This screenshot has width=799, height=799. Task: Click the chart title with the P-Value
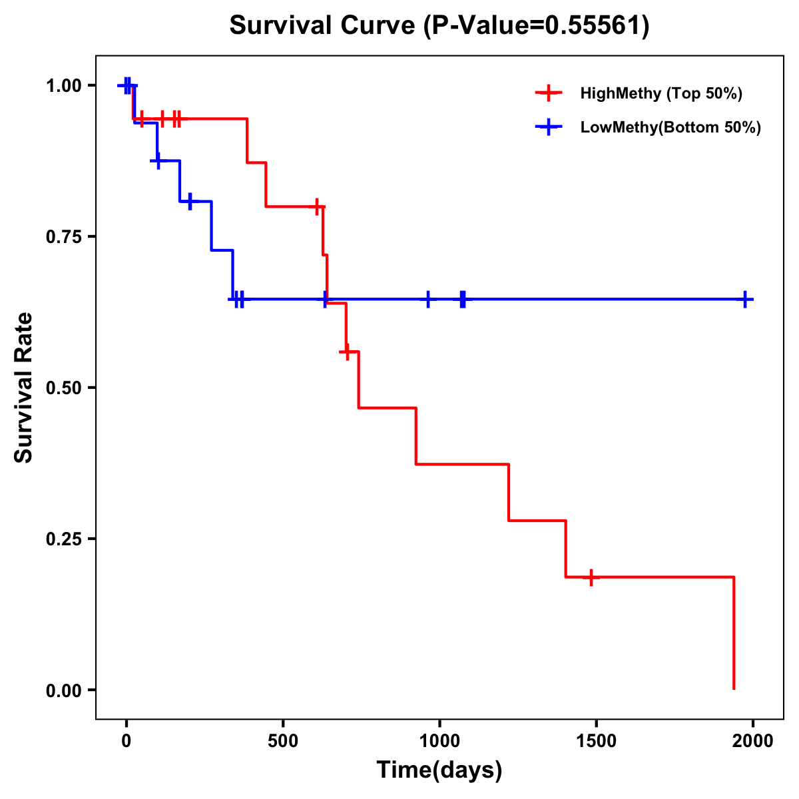[x=439, y=25]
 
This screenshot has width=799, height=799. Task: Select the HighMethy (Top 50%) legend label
[x=661, y=93]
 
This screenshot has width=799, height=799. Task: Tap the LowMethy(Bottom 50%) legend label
[x=670, y=127]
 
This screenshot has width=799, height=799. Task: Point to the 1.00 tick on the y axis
[x=64, y=86]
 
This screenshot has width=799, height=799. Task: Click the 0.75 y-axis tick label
[x=64, y=237]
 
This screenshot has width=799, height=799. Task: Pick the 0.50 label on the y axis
[x=64, y=388]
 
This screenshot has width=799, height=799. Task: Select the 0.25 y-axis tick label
[x=64, y=539]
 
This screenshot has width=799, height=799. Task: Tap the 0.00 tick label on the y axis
[x=64, y=690]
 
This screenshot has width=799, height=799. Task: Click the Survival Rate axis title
[x=24, y=388]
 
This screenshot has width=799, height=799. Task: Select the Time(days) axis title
[x=439, y=770]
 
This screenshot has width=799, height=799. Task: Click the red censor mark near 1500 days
[x=591, y=577]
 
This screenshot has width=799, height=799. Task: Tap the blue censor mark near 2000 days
[x=745, y=300]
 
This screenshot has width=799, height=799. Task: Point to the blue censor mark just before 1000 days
[x=428, y=300]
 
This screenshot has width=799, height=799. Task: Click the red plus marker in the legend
[x=549, y=93]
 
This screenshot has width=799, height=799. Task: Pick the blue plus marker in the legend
[x=549, y=127]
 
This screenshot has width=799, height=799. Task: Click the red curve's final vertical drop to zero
[x=734, y=633]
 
